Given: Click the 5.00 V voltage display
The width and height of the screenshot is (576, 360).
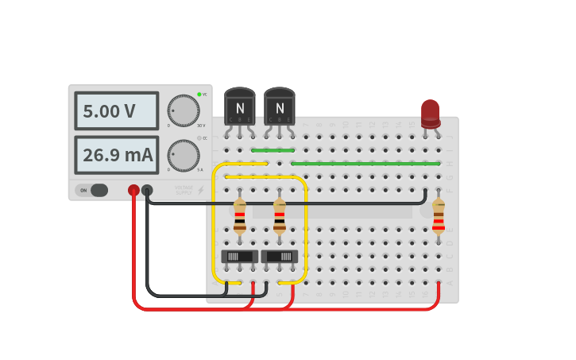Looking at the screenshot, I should tap(117, 111).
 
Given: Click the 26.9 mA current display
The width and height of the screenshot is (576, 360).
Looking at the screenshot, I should tap(117, 155).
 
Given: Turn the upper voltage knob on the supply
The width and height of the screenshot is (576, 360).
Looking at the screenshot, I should tap(184, 110).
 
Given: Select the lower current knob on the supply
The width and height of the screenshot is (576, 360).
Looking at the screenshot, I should tap(184, 156).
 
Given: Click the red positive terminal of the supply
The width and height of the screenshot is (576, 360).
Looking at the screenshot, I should tap(133, 190).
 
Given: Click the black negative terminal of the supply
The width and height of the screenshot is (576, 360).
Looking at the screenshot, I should tap(147, 190).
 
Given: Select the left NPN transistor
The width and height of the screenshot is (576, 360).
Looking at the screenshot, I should tap(240, 107).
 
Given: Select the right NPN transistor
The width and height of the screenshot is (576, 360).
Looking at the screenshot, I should tap(280, 107).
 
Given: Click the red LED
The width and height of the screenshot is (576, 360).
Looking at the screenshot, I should tap(431, 113).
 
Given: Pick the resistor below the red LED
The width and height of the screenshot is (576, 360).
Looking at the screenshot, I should tap(438, 216).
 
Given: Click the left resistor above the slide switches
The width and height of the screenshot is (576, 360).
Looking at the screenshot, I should tap(240, 216).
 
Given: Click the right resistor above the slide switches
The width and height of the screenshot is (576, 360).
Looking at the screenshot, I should tap(280, 216).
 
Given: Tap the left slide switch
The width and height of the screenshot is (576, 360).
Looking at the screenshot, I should tap(240, 257).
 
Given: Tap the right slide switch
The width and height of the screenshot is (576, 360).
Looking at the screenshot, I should tap(280, 257).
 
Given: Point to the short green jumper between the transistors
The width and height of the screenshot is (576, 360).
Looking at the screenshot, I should tap(273, 150).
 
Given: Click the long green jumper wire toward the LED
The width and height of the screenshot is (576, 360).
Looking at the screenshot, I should tap(365, 164).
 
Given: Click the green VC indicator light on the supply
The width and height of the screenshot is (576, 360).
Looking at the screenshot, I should tap(199, 95).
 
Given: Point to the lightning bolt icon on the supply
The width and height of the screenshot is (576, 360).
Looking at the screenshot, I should tap(201, 190).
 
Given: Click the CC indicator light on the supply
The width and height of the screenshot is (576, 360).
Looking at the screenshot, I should tap(199, 138).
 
